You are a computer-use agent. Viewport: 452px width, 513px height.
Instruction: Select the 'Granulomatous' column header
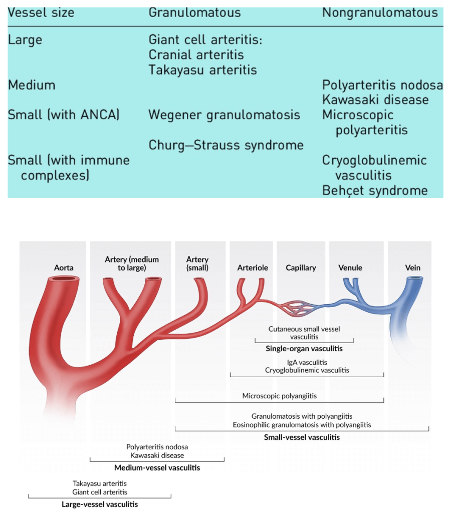pos(194,12)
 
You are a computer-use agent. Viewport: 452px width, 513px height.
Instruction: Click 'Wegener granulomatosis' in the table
pos(224,115)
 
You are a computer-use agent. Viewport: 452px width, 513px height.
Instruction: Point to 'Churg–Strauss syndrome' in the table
pos(226,145)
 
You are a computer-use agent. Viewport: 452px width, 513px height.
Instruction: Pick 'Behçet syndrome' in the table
pos(375,190)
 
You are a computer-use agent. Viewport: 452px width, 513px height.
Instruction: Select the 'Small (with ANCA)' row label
pos(64,115)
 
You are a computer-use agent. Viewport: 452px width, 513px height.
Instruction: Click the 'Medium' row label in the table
pos(32,85)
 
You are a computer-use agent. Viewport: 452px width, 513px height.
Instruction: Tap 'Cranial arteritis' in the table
pos(196,55)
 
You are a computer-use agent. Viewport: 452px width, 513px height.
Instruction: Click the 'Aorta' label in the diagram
pos(64,268)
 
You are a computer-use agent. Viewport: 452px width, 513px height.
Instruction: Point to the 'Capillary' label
pos(301,268)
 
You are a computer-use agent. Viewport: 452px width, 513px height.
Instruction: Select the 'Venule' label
pos(350,268)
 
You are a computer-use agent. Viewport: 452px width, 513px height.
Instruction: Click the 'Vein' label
pos(412,268)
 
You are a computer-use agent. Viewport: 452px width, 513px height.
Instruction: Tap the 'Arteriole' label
pos(253,268)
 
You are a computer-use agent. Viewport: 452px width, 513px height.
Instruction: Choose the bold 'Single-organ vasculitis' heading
pos(304,349)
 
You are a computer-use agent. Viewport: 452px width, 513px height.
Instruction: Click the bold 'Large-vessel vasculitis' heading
pos(100,504)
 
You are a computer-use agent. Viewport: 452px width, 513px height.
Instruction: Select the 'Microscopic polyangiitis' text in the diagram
pos(279,396)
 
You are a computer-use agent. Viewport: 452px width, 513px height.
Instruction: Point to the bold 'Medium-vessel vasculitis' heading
pos(157,468)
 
